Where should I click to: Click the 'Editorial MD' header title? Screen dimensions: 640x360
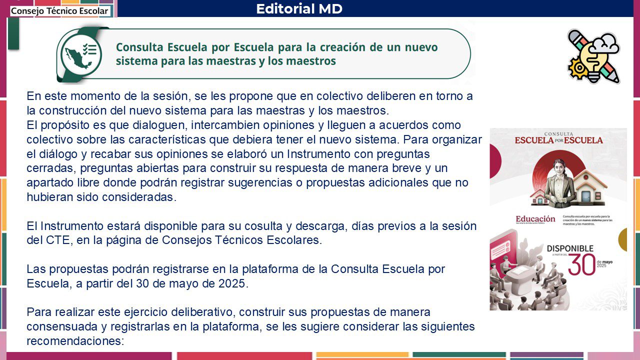299,8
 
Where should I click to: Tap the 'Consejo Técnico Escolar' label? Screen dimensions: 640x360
59,11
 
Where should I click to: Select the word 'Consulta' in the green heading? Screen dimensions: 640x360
139,47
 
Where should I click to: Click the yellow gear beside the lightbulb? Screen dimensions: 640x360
577,68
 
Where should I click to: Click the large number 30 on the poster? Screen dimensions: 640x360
581,264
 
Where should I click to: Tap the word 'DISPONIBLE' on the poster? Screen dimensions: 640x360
570,248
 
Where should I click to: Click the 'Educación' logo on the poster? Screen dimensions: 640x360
535,219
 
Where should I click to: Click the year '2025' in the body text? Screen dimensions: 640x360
231,283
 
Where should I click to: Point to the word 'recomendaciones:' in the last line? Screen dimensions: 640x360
75,341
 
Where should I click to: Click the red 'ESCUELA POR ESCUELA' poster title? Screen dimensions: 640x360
559,140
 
